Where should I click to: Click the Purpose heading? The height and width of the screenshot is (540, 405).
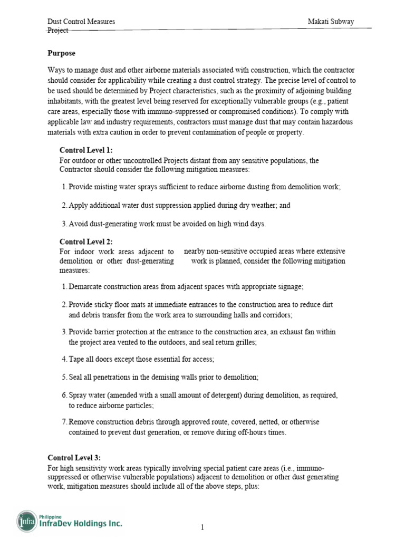(x=61, y=53)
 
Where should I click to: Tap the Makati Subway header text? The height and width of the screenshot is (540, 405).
(x=331, y=22)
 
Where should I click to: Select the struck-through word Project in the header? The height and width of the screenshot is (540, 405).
(x=58, y=31)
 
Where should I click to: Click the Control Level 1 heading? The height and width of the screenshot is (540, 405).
(x=86, y=150)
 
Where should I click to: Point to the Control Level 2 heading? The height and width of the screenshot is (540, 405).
(x=86, y=242)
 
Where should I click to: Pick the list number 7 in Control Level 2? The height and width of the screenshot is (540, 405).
(x=64, y=422)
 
